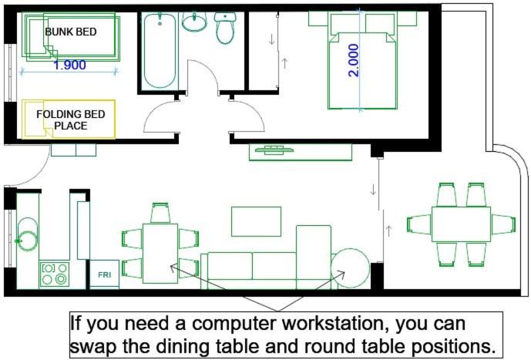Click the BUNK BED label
(x=71, y=32)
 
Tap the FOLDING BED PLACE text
(x=71, y=120)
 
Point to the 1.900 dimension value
(x=70, y=65)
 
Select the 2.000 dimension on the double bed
(x=353, y=60)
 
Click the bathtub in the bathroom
(x=160, y=51)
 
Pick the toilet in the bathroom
(x=225, y=28)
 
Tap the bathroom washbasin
(x=194, y=22)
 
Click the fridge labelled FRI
(x=104, y=274)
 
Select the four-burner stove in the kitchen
(x=54, y=274)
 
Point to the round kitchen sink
(x=27, y=241)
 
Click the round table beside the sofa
(x=350, y=268)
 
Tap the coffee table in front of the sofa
(x=257, y=221)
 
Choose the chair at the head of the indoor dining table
(x=160, y=213)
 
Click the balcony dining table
(x=461, y=224)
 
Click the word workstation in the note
(x=335, y=324)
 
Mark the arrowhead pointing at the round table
(x=342, y=274)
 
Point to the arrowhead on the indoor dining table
(x=173, y=267)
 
